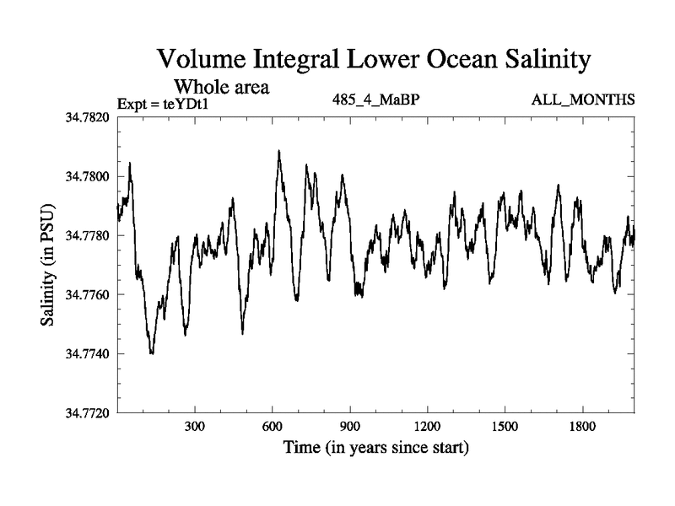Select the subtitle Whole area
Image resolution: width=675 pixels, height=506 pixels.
(x=221, y=87)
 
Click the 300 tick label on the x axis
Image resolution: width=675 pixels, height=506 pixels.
(x=195, y=427)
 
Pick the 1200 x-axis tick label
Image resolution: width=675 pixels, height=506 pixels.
(x=427, y=427)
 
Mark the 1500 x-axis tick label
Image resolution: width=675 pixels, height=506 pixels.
(x=505, y=427)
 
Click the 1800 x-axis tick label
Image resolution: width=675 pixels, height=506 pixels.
(x=581, y=427)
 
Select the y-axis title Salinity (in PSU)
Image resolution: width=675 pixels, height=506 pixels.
(x=48, y=265)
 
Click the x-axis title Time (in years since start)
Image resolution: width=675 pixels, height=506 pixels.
(x=375, y=447)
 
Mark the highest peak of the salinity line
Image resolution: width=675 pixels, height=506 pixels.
(x=279, y=151)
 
